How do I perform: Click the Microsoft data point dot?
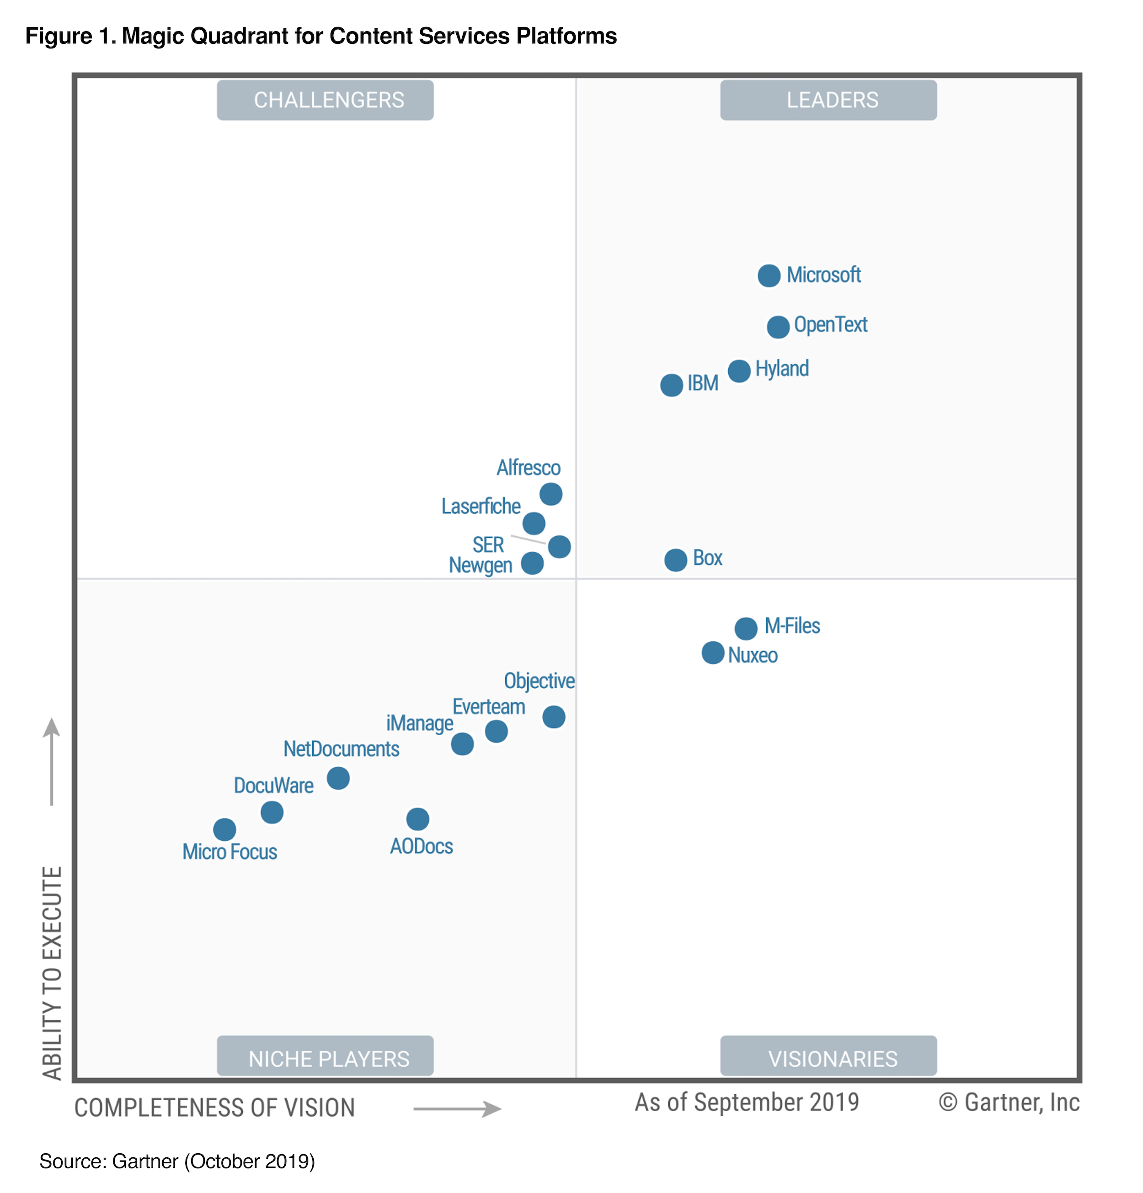point(769,276)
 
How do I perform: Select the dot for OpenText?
point(778,327)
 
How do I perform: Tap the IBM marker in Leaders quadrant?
point(671,385)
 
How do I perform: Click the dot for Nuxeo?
point(713,653)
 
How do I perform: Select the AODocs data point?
point(417,819)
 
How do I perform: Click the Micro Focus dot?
point(224,829)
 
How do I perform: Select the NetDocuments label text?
point(341,749)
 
